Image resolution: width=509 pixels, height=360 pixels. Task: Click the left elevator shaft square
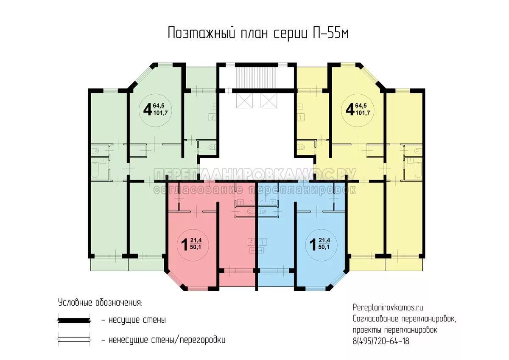pyautogui.click(x=244, y=101)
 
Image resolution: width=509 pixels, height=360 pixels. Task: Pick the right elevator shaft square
pyautogui.click(x=269, y=101)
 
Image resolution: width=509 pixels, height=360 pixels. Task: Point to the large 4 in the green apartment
pyautogui.click(x=147, y=110)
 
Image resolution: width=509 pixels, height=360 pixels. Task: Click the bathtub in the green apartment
pyautogui.click(x=95, y=170)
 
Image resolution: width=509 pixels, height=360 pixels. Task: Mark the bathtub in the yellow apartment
pyautogui.click(x=418, y=170)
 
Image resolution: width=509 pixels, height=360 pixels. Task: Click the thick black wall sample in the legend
pyautogui.click(x=74, y=321)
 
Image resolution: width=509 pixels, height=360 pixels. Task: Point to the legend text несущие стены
pyautogui.click(x=137, y=320)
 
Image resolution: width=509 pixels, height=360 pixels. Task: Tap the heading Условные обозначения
pyautogui.click(x=100, y=303)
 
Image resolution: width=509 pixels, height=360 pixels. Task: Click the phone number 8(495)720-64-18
pyautogui.click(x=381, y=341)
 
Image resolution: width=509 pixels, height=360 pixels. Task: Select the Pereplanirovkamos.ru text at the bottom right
pyautogui.click(x=388, y=307)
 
